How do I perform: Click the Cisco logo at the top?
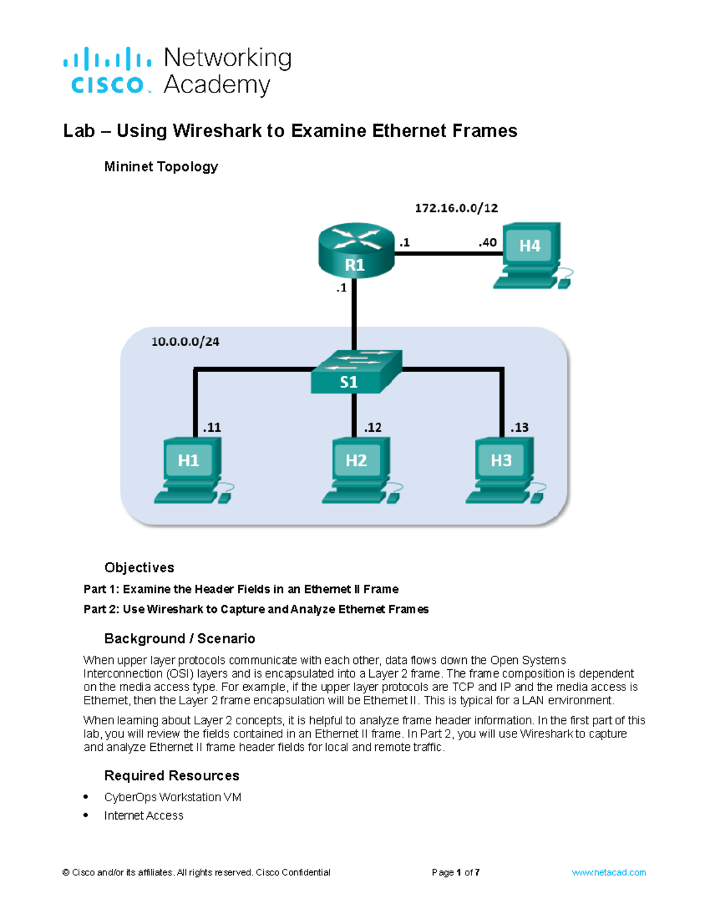click(x=107, y=71)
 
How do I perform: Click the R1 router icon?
click(x=356, y=251)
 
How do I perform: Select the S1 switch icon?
click(x=356, y=372)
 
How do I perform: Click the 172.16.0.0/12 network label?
click(x=456, y=208)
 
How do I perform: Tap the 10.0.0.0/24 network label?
click(x=185, y=341)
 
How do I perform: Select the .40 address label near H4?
click(x=488, y=242)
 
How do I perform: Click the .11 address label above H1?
click(x=212, y=427)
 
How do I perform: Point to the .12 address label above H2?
click(x=373, y=427)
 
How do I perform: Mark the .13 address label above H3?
click(x=519, y=427)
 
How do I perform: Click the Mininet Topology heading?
click(x=161, y=167)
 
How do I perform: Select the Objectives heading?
click(x=139, y=567)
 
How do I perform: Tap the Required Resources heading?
click(x=172, y=775)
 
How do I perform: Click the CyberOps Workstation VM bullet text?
click(x=173, y=797)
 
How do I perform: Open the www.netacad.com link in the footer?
click(x=608, y=872)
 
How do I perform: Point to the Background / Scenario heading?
click(x=179, y=639)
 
